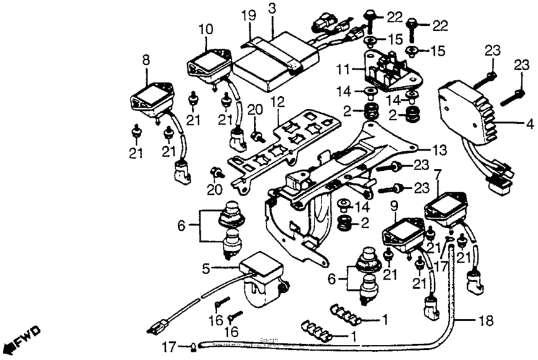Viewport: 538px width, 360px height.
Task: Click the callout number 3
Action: [272, 8]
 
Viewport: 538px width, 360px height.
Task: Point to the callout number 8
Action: [146, 61]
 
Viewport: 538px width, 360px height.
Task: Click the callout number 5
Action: [205, 268]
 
